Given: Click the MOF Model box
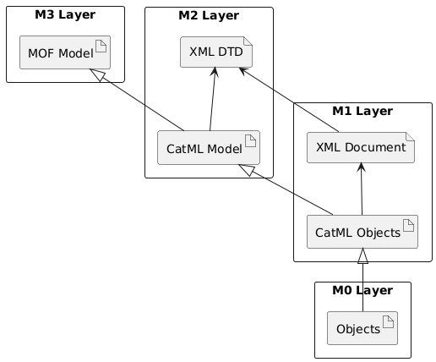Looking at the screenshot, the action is (65, 52).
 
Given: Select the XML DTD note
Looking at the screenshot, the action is (216, 52).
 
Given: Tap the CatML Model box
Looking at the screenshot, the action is (209, 147).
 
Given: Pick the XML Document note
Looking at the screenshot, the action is (361, 147).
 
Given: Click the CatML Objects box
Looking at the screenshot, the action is (362, 232).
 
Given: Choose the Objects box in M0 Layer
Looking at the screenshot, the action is (362, 328).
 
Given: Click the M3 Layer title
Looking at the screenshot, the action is (65, 14).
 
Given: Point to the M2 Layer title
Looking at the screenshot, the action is (209, 15).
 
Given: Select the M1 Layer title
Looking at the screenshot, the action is (362, 111).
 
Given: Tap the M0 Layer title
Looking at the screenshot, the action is (362, 290).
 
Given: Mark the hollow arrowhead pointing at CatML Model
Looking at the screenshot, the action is (247, 170).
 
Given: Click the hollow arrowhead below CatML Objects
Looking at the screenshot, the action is (362, 255).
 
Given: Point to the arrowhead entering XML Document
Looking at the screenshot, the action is (361, 167).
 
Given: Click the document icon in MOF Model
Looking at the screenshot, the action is (101, 47).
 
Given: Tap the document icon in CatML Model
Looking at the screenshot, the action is (250, 141).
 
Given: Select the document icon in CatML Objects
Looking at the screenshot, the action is (408, 226).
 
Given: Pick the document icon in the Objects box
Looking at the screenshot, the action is (388, 322).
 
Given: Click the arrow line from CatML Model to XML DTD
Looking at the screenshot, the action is (212, 99).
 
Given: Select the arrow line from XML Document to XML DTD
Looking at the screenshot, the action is (289, 100).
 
